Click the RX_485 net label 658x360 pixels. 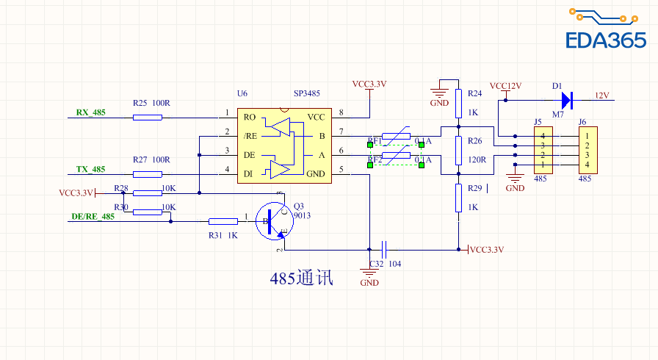pos(90,112)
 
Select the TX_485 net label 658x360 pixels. pos(90,169)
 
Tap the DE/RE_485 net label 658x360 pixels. pos(93,217)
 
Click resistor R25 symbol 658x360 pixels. pos(148,118)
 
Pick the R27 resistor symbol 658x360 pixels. pos(148,174)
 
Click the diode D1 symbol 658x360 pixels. pos(565,98)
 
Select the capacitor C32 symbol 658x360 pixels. pos(385,249)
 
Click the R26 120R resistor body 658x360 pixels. pos(458,151)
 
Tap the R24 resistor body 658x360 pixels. pos(458,104)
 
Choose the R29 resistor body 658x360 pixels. pos(458,198)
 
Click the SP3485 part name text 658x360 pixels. pos(306,94)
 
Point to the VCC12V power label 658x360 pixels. pos(505,86)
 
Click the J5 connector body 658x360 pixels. pos(543,150)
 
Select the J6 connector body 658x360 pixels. pos(587,150)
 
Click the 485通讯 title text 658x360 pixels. pos(301,278)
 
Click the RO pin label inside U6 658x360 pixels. pos(250,118)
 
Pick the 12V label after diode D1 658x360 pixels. pos(602,96)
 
